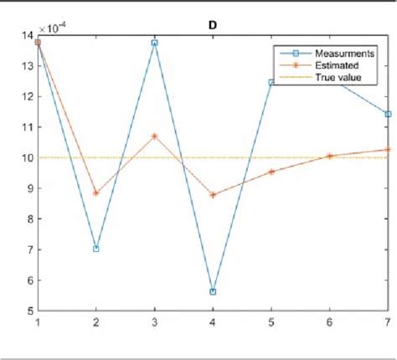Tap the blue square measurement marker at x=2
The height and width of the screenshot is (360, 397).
(x=95, y=249)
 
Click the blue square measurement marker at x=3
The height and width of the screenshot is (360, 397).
(x=154, y=42)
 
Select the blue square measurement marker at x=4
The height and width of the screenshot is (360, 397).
(x=213, y=292)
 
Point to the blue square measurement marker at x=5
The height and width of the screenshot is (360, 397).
(x=271, y=82)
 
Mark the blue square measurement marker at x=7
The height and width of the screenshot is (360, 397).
(x=388, y=114)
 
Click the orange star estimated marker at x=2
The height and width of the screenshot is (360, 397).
(x=95, y=193)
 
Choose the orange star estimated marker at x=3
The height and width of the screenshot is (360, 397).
(x=154, y=136)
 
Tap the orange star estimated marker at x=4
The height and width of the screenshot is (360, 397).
(x=213, y=195)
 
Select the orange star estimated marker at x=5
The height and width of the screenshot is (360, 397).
(x=271, y=172)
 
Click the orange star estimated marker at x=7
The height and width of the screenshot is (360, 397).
(x=388, y=150)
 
